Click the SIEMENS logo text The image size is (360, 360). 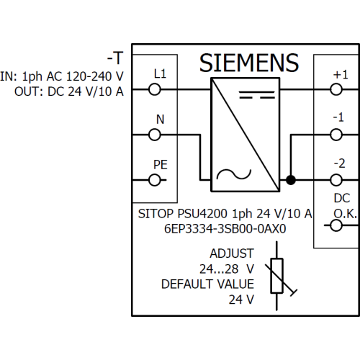[249, 63]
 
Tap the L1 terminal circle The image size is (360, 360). [155, 89]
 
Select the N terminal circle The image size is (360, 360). [155, 135]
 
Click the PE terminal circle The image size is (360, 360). [155, 180]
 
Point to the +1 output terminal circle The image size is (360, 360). [336, 89]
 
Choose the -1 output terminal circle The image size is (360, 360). [336, 135]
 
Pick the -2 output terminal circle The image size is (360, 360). [336, 180]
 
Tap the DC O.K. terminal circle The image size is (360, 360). [336, 225]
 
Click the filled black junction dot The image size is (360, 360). [291, 180]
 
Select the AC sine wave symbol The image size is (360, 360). [234, 174]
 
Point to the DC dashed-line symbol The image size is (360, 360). [257, 95]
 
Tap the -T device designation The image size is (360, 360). [115, 58]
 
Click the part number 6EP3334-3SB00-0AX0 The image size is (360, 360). [225, 229]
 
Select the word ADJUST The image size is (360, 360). [232, 253]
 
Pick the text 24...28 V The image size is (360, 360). [227, 269]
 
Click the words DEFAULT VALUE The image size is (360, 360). [207, 284]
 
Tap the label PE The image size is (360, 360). [161, 165]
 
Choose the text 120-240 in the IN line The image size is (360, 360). [89, 76]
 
